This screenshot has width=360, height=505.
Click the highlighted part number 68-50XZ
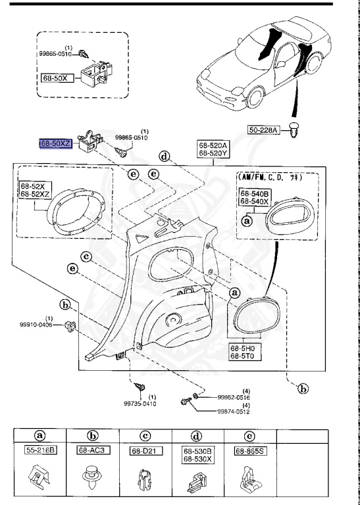click(58, 143)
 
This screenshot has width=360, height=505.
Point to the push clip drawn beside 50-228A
click(294, 130)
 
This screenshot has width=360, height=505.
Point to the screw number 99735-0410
click(142, 404)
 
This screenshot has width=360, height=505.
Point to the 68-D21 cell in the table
click(144, 451)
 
